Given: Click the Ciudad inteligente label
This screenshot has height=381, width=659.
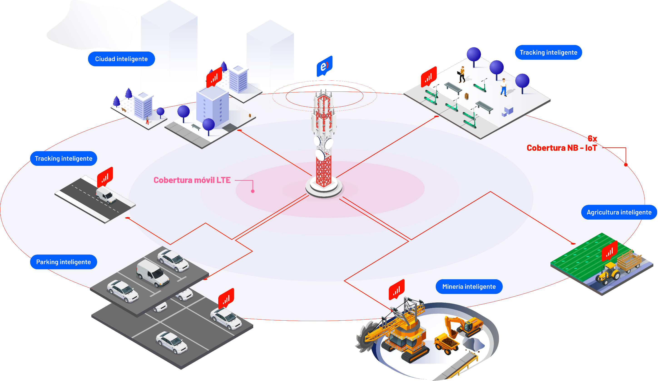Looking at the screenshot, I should (x=121, y=59).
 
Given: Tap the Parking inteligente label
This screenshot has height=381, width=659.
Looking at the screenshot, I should (x=64, y=262).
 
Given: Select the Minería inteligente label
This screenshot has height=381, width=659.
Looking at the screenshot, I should (x=469, y=287).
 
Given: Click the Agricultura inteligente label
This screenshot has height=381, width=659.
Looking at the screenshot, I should (x=619, y=212).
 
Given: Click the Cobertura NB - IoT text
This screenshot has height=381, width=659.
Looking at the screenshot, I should (x=562, y=148).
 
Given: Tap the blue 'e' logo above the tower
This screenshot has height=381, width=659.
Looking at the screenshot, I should (x=324, y=66).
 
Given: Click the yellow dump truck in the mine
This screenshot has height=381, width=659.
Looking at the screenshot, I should (x=447, y=343).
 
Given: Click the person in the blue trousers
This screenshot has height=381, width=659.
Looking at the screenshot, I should (x=504, y=87).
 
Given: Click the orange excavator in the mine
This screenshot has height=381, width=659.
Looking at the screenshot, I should (x=464, y=326).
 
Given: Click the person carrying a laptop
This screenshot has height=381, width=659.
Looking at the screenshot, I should (x=462, y=74).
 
